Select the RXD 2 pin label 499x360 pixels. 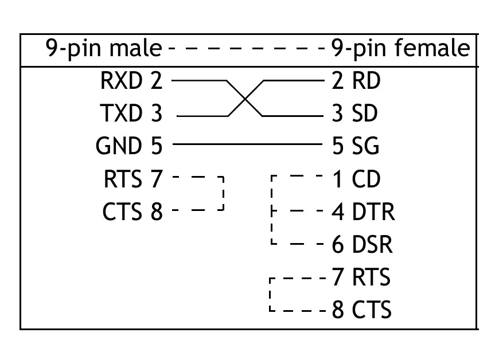pyautogui.click(x=131, y=81)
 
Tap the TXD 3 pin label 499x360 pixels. pyautogui.click(x=131, y=115)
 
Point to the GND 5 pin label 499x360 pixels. pyautogui.click(x=129, y=147)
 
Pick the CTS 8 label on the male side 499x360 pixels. pyautogui.click(x=132, y=213)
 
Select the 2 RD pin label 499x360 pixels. pyautogui.click(x=356, y=81)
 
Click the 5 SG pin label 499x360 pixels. pyautogui.click(x=356, y=147)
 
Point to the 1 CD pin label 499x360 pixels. pyautogui.click(x=356, y=180)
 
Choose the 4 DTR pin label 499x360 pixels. pyautogui.click(x=362, y=213)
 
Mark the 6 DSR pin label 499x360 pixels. pyautogui.click(x=362, y=245)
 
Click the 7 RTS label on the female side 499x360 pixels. pyautogui.click(x=361, y=278)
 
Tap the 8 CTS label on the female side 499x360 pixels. pyautogui.click(x=361, y=311)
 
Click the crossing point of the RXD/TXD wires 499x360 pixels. pyautogui.click(x=245, y=99)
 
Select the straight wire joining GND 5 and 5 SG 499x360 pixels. pyautogui.click(x=247, y=143)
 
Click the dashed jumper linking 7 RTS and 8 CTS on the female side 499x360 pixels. pyautogui.click(x=270, y=295)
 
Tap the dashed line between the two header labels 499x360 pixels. pyautogui.click(x=247, y=49)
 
